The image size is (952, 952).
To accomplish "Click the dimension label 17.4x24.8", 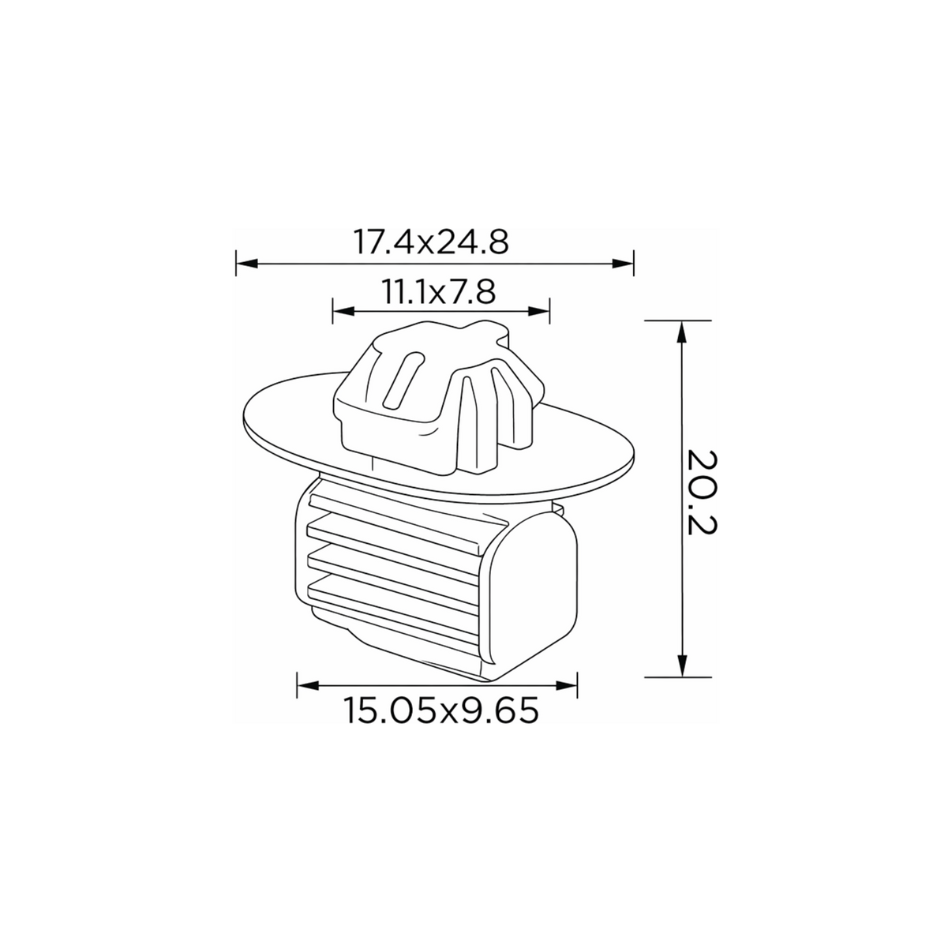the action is (430, 242).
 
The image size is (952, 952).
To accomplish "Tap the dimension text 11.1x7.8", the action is (437, 291).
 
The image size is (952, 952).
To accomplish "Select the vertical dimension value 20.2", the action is (702, 492).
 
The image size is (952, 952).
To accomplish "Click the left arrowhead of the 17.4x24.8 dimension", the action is (247, 264).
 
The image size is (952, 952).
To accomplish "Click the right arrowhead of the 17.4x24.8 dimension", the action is (623, 264).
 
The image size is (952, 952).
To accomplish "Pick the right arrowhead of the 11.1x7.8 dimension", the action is (539, 311).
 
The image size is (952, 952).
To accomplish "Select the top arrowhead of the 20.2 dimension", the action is (682, 332).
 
